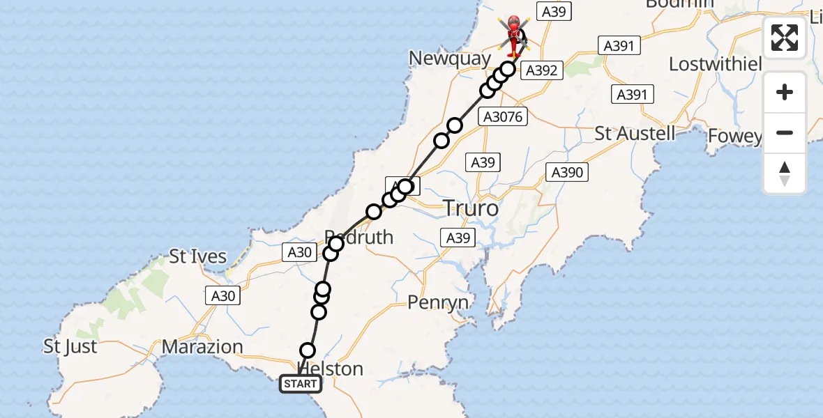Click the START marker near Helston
pyautogui.click(x=301, y=384)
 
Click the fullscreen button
pyautogui.click(x=785, y=38)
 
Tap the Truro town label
pyautogui.click(x=472, y=208)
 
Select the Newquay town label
pyautogui.click(x=450, y=59)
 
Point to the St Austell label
pyautogui.click(x=635, y=133)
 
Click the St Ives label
pyautogui.click(x=198, y=256)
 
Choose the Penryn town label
pyautogui.click(x=438, y=302)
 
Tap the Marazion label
pyautogui.click(x=202, y=346)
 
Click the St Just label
pyautogui.click(x=70, y=346)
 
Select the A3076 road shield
pyautogui.click(x=503, y=117)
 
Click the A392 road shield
pyautogui.click(x=541, y=70)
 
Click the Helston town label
pyautogui.click(x=331, y=369)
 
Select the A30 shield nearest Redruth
pyautogui.click(x=299, y=252)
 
